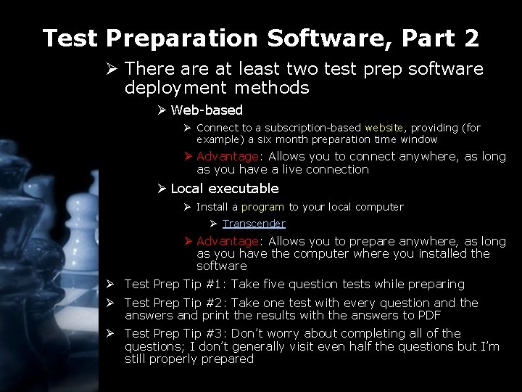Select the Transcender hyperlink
click(x=254, y=224)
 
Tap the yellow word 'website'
click(x=385, y=128)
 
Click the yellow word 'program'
click(x=262, y=207)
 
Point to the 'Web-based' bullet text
click(x=207, y=110)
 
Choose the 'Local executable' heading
click(x=225, y=189)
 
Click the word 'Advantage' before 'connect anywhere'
click(x=227, y=157)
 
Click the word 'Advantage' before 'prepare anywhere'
click(x=227, y=241)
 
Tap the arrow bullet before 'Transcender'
click(x=215, y=224)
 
